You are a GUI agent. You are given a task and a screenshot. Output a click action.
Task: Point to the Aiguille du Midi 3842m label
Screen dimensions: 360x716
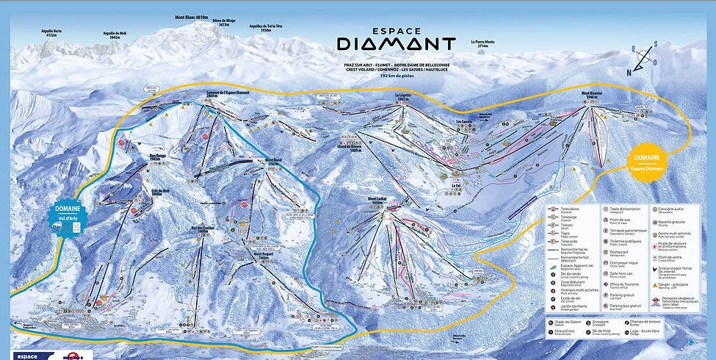(x=104, y=35)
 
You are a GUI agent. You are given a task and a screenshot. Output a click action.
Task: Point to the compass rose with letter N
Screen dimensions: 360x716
(x=639, y=59)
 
